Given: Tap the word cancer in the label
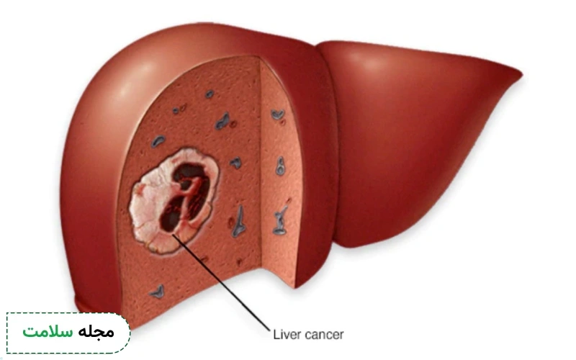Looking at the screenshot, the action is pos(325,335).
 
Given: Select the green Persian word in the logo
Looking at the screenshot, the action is pos(48,332).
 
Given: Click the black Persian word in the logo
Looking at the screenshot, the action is pos(96,331).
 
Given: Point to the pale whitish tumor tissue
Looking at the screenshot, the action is pos(147,206).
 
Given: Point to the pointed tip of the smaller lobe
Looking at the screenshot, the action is pos(521,76).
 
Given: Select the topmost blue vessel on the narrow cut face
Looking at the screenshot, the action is pos(278,114).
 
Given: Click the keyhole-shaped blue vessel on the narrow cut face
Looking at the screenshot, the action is pos(280,166).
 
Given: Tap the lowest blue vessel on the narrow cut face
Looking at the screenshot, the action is pos(280,221).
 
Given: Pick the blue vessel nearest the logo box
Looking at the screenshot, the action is pos(158,292).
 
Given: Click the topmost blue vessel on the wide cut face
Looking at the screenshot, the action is pos(210,94).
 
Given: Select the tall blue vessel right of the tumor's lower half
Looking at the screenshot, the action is pos(239,222).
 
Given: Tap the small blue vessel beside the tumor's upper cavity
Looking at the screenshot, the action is pos(235,163).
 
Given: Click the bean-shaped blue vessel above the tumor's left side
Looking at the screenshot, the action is pos(158,141).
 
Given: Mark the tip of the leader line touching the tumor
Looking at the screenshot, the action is pos(172,235).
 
